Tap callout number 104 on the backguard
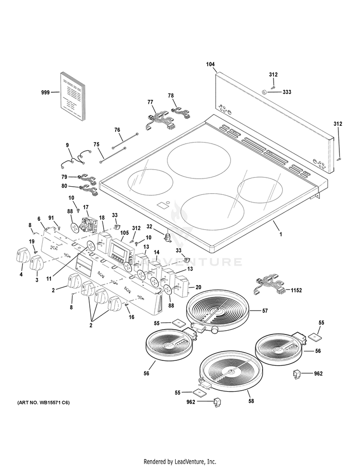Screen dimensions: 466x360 point(210,64)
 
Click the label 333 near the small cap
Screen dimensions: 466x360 point(287,92)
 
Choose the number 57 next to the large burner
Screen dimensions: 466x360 point(265,311)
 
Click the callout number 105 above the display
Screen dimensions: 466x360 point(125,233)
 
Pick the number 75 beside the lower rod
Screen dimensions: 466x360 point(96,144)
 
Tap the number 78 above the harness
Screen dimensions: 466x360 point(171,96)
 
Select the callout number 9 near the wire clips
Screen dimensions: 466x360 point(68,144)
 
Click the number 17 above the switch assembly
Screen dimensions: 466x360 point(86,207)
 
